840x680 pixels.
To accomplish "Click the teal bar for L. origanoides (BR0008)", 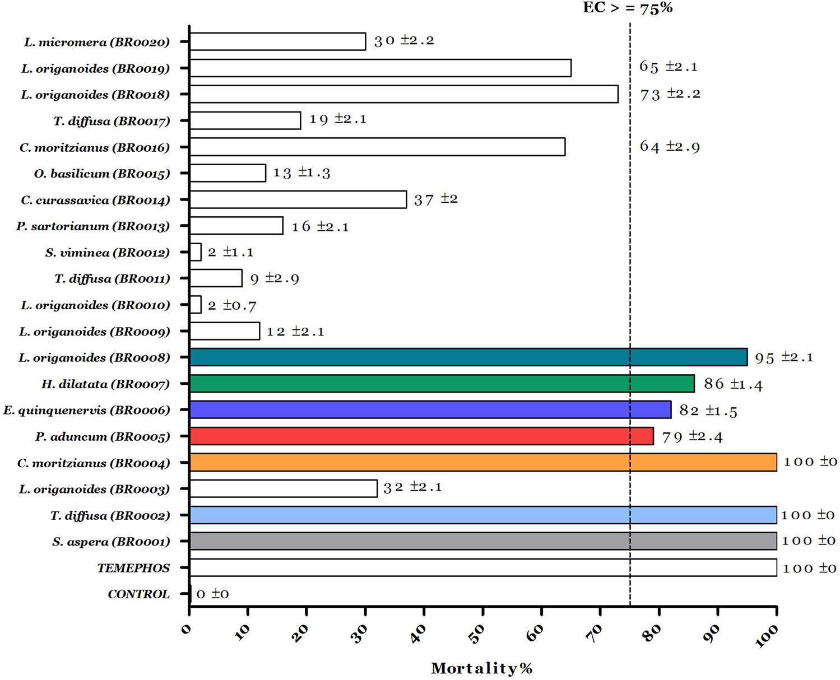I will pyautogui.click(x=468, y=357).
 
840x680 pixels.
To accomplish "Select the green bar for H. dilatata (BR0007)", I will pyautogui.click(x=442, y=384).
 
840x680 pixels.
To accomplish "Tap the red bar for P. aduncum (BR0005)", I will pyautogui.click(x=421, y=436).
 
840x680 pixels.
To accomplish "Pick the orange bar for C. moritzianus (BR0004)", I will pyautogui.click(x=482, y=463).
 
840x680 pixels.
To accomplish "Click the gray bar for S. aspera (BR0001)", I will pyautogui.click(x=482, y=541).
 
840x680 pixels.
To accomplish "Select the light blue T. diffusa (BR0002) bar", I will pyautogui.click(x=482, y=515).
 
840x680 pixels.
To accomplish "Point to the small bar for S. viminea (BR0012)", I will pyautogui.click(x=196, y=252).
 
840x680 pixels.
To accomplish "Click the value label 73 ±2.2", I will pyautogui.click(x=670, y=94).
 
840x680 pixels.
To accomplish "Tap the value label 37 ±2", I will pyautogui.click(x=435, y=199).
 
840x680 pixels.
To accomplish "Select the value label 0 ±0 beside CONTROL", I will pyautogui.click(x=212, y=594).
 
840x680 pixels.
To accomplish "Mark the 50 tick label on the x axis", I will pyautogui.click(x=476, y=634).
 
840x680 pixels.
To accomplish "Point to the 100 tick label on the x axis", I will pyautogui.click(x=767, y=636).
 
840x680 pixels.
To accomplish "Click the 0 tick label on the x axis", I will pyautogui.click(x=187, y=629).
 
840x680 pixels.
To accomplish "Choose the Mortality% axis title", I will pyautogui.click(x=481, y=668).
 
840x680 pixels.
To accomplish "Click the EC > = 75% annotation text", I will pyautogui.click(x=627, y=8).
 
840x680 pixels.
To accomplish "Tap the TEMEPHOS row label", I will pyautogui.click(x=133, y=568).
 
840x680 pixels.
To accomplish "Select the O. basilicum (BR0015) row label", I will pyautogui.click(x=102, y=174).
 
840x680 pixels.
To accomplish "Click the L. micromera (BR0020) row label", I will pyautogui.click(x=96, y=42).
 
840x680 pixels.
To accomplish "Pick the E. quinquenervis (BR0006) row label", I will pyautogui.click(x=86, y=410).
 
